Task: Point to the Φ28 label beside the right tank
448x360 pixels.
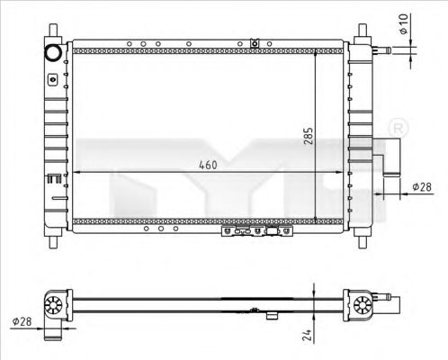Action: [421, 187]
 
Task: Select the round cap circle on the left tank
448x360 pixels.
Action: [53, 50]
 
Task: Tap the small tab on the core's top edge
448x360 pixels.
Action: [255, 42]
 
